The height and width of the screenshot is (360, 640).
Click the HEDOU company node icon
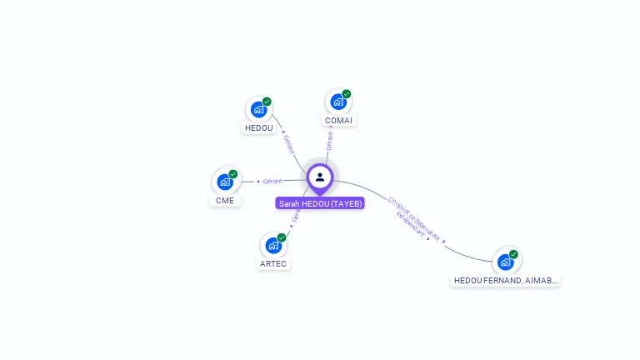pos(258,109)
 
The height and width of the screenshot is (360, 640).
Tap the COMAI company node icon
pos(337,102)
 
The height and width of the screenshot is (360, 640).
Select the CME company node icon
pos(224,182)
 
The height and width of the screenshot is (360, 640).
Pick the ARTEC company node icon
pos(272,246)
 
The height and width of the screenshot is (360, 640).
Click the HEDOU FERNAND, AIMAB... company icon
pos(505,262)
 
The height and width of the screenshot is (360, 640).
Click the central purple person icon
pos(320,177)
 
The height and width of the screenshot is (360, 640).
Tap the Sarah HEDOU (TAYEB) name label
pos(320,203)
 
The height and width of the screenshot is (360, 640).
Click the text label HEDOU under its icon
pos(258,128)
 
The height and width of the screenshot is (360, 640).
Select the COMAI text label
pos(338,121)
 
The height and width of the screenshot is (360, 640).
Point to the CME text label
pos(224,201)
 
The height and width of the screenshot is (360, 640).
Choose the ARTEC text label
pos(272,264)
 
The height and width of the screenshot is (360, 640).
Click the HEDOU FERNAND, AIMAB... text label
pos(505,281)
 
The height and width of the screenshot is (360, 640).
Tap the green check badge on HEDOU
pos(267,102)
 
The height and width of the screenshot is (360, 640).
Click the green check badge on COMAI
pos(347,94)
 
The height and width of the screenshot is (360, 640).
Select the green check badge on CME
pos(233,174)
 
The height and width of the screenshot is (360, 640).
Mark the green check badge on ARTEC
pos(282,237)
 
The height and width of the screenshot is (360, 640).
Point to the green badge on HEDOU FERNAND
pos(514,254)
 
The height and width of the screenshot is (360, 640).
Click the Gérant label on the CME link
pos(272,181)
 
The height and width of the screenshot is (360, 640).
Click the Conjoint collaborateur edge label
pos(413,218)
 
